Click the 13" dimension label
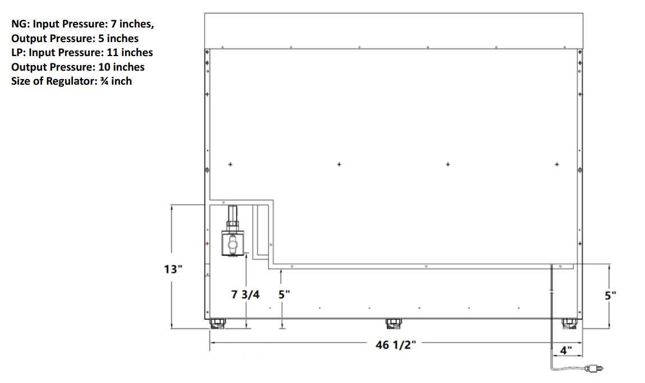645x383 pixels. pyautogui.click(x=173, y=269)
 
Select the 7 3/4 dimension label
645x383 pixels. pyautogui.click(x=245, y=294)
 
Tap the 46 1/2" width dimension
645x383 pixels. pyautogui.click(x=396, y=345)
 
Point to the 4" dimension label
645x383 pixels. pyautogui.click(x=566, y=350)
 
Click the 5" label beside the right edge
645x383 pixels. pyautogui.click(x=610, y=296)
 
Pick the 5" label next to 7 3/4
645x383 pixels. pyautogui.click(x=284, y=294)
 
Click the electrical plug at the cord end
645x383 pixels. pyautogui.click(x=594, y=368)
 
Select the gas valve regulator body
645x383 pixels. pyautogui.click(x=232, y=243)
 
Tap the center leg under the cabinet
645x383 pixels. pyautogui.click(x=394, y=324)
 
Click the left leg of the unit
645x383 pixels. pyautogui.click(x=218, y=324)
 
